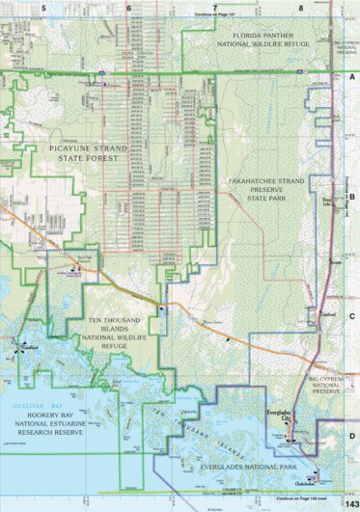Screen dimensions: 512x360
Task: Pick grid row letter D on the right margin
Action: coord(352,434)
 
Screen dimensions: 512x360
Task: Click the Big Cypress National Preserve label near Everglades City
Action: coord(325,387)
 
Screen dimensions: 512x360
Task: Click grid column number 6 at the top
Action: coord(128,7)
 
